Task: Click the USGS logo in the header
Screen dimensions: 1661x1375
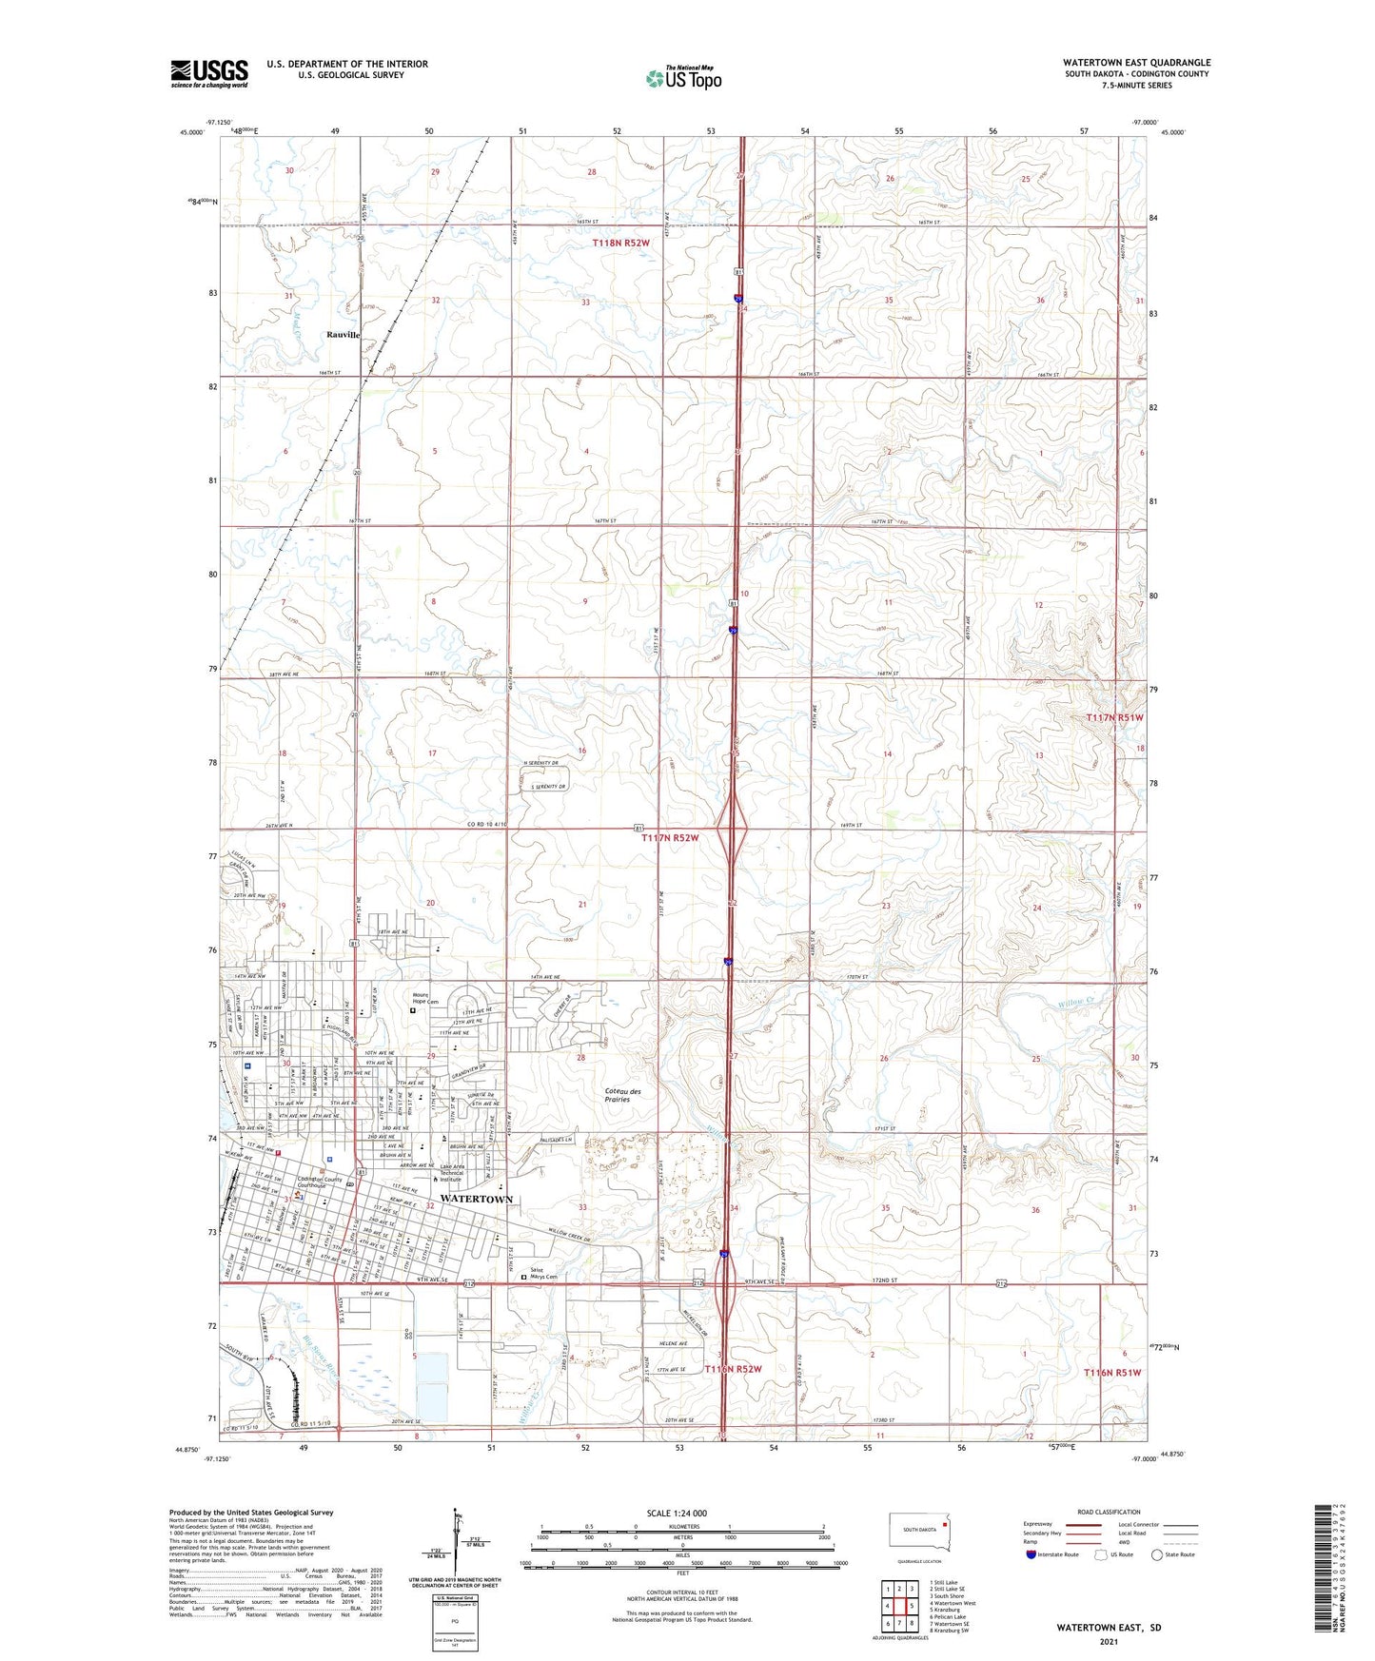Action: (209, 72)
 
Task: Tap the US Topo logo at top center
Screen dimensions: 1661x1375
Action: (683, 78)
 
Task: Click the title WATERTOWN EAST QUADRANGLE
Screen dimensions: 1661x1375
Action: (1136, 63)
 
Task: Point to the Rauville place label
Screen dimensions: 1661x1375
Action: (344, 335)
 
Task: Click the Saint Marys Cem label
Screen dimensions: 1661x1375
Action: (543, 1274)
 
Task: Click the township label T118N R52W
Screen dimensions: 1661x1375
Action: (620, 244)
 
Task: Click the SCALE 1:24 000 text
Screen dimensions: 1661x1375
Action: (677, 1513)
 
